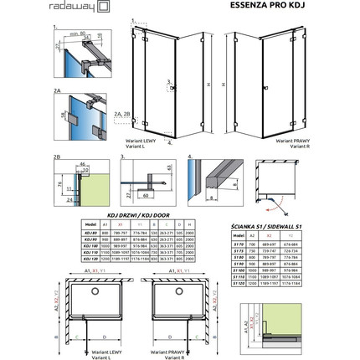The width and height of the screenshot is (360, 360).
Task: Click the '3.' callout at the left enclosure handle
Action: pos(168,81)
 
